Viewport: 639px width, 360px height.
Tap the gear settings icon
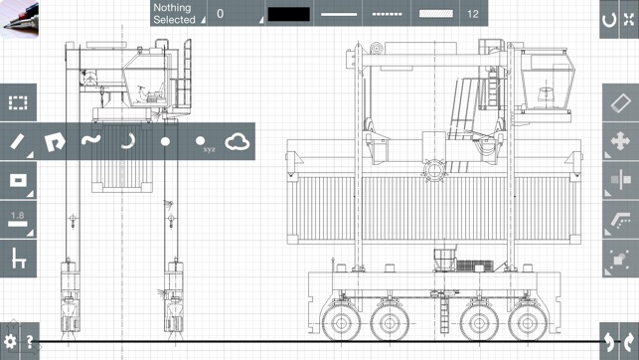point(10,341)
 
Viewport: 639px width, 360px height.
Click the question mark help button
point(30,342)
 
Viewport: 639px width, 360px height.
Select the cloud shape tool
point(238,142)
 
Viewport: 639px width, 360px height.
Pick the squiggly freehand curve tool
point(90,140)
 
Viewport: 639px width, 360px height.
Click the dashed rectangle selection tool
point(18,102)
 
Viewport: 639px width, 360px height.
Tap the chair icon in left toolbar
point(18,259)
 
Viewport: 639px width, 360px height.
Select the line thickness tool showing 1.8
point(18,220)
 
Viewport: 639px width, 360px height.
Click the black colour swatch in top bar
point(289,14)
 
